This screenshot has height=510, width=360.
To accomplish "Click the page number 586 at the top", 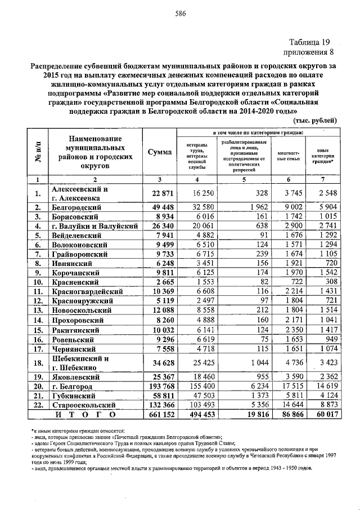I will (x=180, y=15).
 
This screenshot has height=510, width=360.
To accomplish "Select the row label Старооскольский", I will (x=84, y=405).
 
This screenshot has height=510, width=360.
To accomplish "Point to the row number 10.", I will (x=38, y=282).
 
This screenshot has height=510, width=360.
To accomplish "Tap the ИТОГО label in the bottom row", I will (x=85, y=415).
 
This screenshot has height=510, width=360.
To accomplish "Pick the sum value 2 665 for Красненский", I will (x=160, y=282).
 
